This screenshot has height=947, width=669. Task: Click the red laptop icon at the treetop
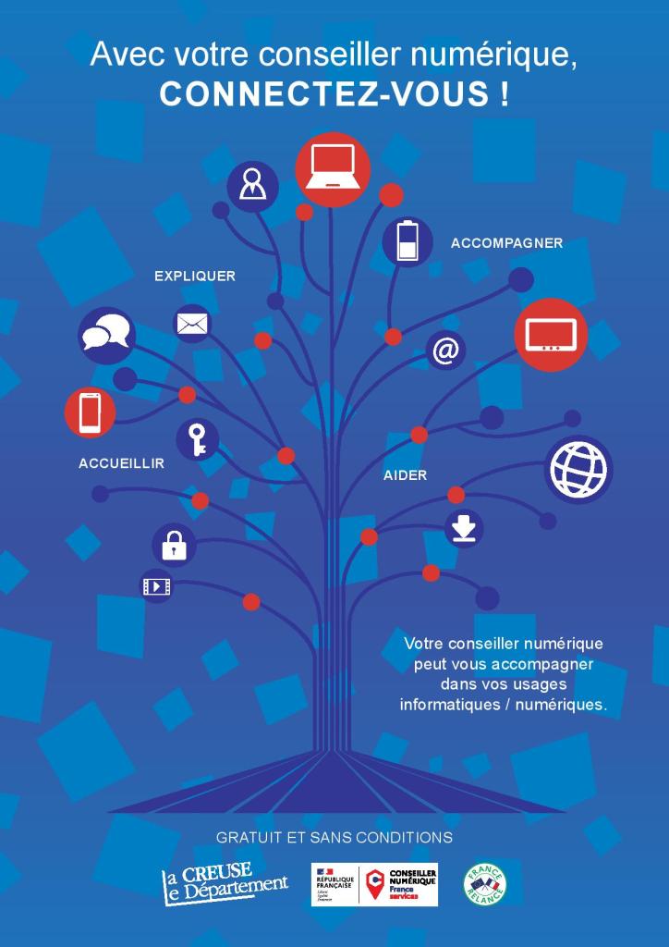pyautogui.click(x=333, y=170)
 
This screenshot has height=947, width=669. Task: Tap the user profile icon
pyautogui.click(x=252, y=186)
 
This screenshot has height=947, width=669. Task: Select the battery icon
pyautogui.click(x=407, y=241)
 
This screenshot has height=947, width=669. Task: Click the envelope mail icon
pyautogui.click(x=192, y=324)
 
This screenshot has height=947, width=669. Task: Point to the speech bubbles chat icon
pyautogui.click(x=106, y=334)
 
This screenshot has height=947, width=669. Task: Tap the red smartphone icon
pyautogui.click(x=91, y=412)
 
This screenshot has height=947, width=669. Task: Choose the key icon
pyautogui.click(x=198, y=438)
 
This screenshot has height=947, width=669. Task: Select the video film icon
pyautogui.click(x=156, y=585)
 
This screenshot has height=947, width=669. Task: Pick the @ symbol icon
pyautogui.click(x=446, y=351)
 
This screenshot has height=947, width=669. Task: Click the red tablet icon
pyautogui.click(x=551, y=335)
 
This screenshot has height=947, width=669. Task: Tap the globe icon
pyautogui.click(x=578, y=469)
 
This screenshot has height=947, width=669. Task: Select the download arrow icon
pyautogui.click(x=464, y=528)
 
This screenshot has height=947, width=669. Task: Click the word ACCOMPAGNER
pyautogui.click(x=506, y=243)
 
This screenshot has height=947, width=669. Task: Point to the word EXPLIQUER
pyautogui.click(x=194, y=276)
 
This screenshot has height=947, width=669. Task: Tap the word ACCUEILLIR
pyautogui.click(x=121, y=463)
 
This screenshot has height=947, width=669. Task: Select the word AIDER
pyautogui.click(x=405, y=475)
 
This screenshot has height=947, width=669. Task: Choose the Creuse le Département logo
pyautogui.click(x=225, y=884)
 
